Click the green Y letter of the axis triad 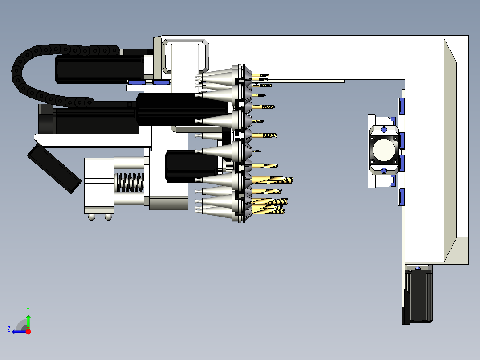tap(28, 310)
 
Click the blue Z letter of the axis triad tap(9, 329)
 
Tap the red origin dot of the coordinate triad tap(28, 331)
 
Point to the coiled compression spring tap(129, 183)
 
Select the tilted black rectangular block tap(54, 168)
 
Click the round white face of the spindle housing tap(384, 150)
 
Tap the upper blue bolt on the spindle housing tap(384, 130)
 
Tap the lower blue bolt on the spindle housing tap(384, 171)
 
